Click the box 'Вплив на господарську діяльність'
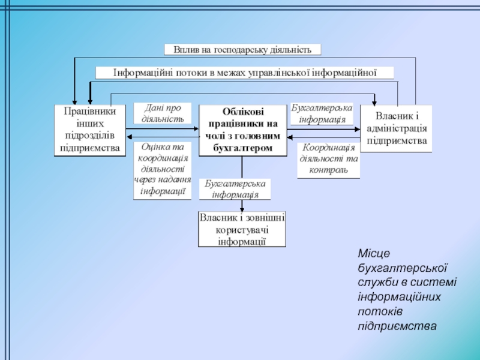(242, 49)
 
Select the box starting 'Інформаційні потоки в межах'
(245, 73)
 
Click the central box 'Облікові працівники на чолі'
(242, 130)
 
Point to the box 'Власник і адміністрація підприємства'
(396, 128)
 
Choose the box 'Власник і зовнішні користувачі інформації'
(242, 229)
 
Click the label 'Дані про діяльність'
(162, 113)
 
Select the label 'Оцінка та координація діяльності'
(162, 170)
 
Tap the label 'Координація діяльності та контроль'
(328, 160)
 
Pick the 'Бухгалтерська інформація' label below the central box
(235, 189)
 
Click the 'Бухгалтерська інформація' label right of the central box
(322, 113)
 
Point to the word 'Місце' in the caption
(373, 256)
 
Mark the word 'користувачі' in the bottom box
(242, 229)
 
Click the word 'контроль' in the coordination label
(328, 170)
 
